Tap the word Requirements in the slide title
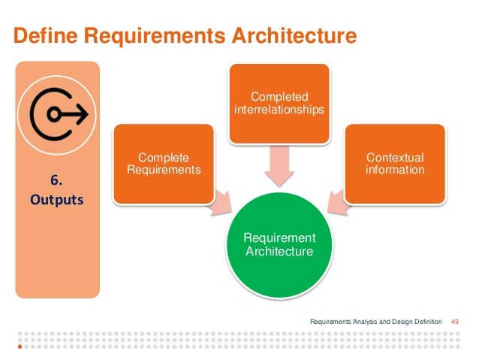click(146, 35)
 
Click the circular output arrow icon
click(57, 113)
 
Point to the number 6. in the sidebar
click(56, 181)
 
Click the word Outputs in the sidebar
click(56, 202)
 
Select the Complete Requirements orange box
click(163, 164)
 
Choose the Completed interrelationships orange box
click(279, 104)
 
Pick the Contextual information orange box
click(394, 164)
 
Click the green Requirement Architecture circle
click(279, 244)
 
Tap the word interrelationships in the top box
click(279, 110)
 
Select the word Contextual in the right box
click(394, 158)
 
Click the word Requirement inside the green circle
click(279, 238)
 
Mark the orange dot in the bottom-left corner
click(20, 348)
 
